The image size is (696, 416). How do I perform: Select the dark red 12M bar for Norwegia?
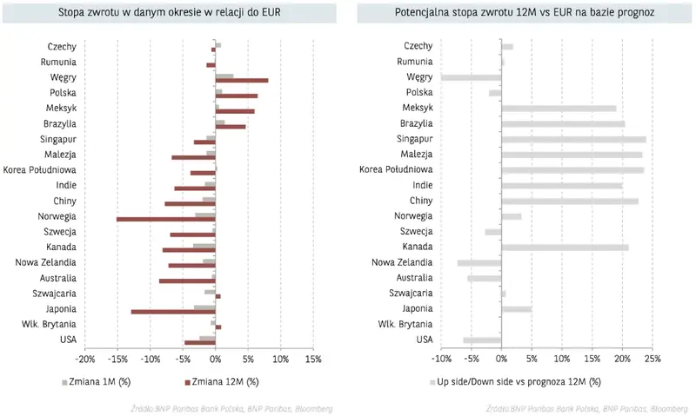[166, 219]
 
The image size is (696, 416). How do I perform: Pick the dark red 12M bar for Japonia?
[173, 311]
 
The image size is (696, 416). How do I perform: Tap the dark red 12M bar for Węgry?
[242, 81]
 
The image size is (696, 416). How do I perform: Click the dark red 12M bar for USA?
[200, 342]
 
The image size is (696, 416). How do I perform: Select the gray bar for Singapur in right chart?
[573, 139]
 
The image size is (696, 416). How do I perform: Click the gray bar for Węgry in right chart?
[472, 77]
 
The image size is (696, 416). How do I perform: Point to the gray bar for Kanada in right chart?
[565, 248]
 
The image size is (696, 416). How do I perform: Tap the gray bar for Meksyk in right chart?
[559, 109]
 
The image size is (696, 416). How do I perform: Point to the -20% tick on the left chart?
[85, 359]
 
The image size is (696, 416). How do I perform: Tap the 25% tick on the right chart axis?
[652, 359]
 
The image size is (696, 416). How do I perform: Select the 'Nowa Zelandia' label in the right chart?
[401, 262]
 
